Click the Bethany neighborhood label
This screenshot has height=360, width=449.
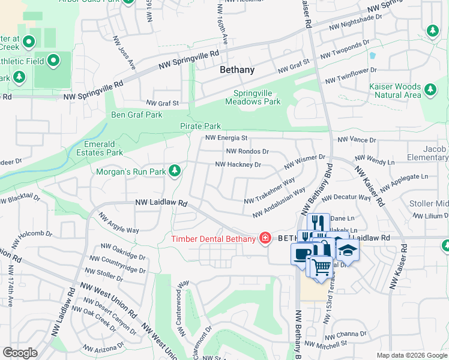coord(237,70)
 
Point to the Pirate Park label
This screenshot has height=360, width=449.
coord(200,127)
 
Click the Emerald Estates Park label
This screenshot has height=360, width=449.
coord(103,148)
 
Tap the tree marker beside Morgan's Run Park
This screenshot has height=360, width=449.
coord(175,172)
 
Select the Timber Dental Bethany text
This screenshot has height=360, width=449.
coord(212,238)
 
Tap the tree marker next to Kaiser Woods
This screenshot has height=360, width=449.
coord(430,90)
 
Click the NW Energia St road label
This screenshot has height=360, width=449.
coord(226,138)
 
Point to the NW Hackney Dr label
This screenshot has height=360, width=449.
coord(238,164)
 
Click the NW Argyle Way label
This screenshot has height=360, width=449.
coord(118,224)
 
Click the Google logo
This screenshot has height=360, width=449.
coord(20,352)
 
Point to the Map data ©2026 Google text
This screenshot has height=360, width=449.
coord(412,355)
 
